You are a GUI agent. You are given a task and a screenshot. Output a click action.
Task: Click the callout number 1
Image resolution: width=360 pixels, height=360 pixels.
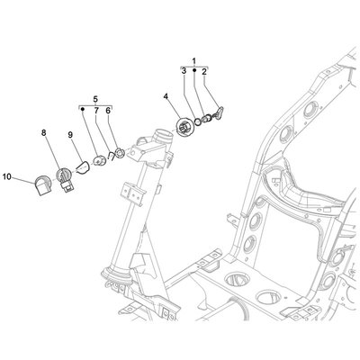click(193, 61)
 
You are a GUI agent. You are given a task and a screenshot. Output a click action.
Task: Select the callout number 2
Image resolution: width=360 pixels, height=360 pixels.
click(204, 72)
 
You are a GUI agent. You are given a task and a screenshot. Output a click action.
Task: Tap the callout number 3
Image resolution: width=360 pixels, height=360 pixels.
click(184, 71)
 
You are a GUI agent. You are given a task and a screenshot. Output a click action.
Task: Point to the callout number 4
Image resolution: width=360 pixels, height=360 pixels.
click(166, 96)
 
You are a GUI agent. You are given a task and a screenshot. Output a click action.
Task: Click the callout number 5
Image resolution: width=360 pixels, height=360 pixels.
click(95, 99)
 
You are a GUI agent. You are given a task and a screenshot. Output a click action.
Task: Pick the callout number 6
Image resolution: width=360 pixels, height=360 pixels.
click(108, 111)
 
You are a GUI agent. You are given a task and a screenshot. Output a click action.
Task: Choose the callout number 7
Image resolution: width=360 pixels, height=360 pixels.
click(96, 111)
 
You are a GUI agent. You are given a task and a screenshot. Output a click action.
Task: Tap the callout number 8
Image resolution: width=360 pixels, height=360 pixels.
click(44, 132)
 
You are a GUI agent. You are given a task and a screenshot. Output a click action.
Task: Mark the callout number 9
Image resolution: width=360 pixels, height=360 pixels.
click(70, 135)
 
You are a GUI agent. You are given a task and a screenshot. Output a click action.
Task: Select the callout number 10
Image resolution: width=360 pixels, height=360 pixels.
click(7, 177)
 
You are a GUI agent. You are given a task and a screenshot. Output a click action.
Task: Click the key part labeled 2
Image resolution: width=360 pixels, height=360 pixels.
click(220, 113)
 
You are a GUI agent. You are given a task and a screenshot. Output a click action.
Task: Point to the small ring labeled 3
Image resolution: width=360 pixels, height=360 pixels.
click(198, 121)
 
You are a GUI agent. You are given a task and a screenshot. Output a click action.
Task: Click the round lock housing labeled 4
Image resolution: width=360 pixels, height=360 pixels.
click(185, 128)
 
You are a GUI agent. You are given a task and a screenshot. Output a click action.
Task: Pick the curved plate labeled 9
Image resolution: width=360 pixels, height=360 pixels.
click(82, 167)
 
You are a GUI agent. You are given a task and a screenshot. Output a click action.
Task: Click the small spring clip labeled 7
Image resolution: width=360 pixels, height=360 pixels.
click(112, 156)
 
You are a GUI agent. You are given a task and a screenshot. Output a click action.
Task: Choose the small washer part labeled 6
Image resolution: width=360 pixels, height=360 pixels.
click(121, 153)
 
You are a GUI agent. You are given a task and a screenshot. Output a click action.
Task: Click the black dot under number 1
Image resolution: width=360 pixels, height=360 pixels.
click(194, 70)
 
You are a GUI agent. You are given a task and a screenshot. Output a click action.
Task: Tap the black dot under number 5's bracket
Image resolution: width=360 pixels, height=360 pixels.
click(82, 110)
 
